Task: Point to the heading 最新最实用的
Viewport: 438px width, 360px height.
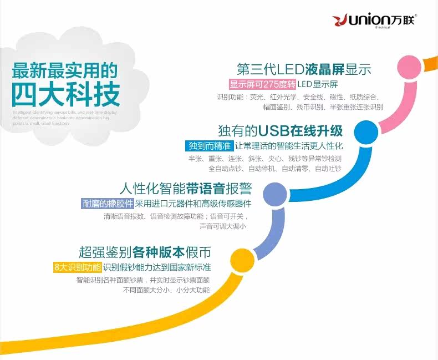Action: pyautogui.click(x=65, y=70)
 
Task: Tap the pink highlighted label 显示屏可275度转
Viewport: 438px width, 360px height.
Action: pyautogui.click(x=263, y=85)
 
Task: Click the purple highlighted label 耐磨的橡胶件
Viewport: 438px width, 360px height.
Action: pyautogui.click(x=108, y=203)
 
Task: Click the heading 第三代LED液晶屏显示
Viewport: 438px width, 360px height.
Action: pyautogui.click(x=303, y=70)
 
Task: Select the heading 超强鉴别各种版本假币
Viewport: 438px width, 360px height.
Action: pyautogui.click(x=145, y=252)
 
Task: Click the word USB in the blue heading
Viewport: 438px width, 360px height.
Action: pyautogui.click(x=275, y=131)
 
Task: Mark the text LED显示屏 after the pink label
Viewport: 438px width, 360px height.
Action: pyautogui.click(x=318, y=85)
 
